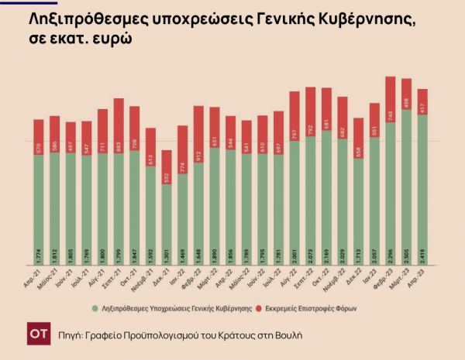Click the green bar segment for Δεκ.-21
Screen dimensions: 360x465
click(x=166, y=225)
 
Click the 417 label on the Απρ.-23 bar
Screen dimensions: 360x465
click(x=422, y=108)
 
